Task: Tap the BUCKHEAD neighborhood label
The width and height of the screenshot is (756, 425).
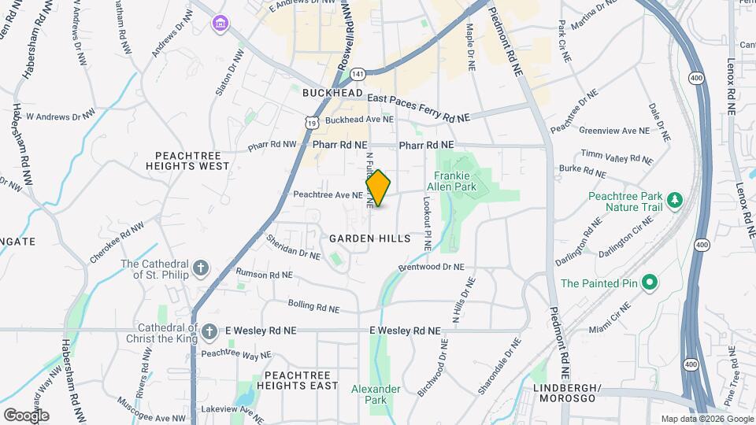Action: coord(332,93)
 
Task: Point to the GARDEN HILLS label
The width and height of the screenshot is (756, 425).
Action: coord(370,238)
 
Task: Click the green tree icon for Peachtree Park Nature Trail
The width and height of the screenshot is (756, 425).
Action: coord(674,201)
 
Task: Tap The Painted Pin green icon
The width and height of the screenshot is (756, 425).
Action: coord(649,282)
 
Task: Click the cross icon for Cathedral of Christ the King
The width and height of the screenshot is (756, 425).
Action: coord(209,331)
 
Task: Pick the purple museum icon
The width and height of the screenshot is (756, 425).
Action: coord(218,24)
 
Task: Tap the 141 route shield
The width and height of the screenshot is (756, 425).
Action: coord(358,73)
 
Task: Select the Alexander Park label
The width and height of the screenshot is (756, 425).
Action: coord(376,394)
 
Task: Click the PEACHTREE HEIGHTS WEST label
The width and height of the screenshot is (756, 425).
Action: coord(192,161)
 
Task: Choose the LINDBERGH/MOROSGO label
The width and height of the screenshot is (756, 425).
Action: coord(567,394)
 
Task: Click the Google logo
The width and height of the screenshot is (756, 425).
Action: coord(26,415)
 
